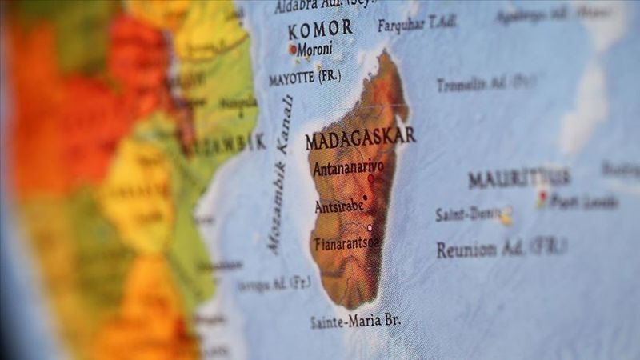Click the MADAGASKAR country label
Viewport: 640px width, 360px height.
(360, 138)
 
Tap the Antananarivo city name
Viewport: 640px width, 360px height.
(349, 169)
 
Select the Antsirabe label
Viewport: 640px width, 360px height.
(338, 206)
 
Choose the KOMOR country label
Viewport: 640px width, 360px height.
(320, 30)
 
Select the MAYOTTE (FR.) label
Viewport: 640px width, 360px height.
(304, 78)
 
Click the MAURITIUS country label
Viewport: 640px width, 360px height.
(519, 178)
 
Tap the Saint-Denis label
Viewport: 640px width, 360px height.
(466, 214)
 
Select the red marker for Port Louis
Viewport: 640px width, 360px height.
(542, 196)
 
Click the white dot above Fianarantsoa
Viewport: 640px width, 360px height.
(370, 227)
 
